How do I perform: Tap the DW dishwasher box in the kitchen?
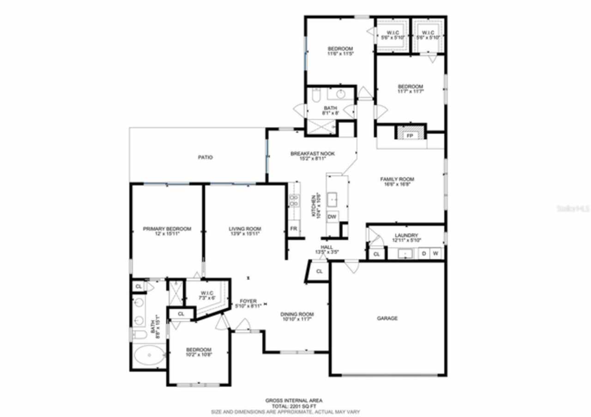click(x=332, y=217)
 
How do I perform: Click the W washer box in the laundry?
click(x=435, y=254)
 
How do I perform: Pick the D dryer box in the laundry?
click(x=423, y=254)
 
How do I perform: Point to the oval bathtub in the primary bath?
click(x=149, y=356)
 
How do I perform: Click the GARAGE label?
click(x=387, y=318)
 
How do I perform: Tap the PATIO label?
click(x=205, y=157)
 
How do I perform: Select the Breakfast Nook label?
click(x=312, y=154)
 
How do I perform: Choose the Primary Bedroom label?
click(x=167, y=229)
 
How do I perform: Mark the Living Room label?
click(x=245, y=229)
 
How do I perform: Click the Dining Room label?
click(x=297, y=314)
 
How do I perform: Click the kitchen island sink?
click(x=333, y=199)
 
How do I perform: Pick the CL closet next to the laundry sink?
click(x=376, y=254)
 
